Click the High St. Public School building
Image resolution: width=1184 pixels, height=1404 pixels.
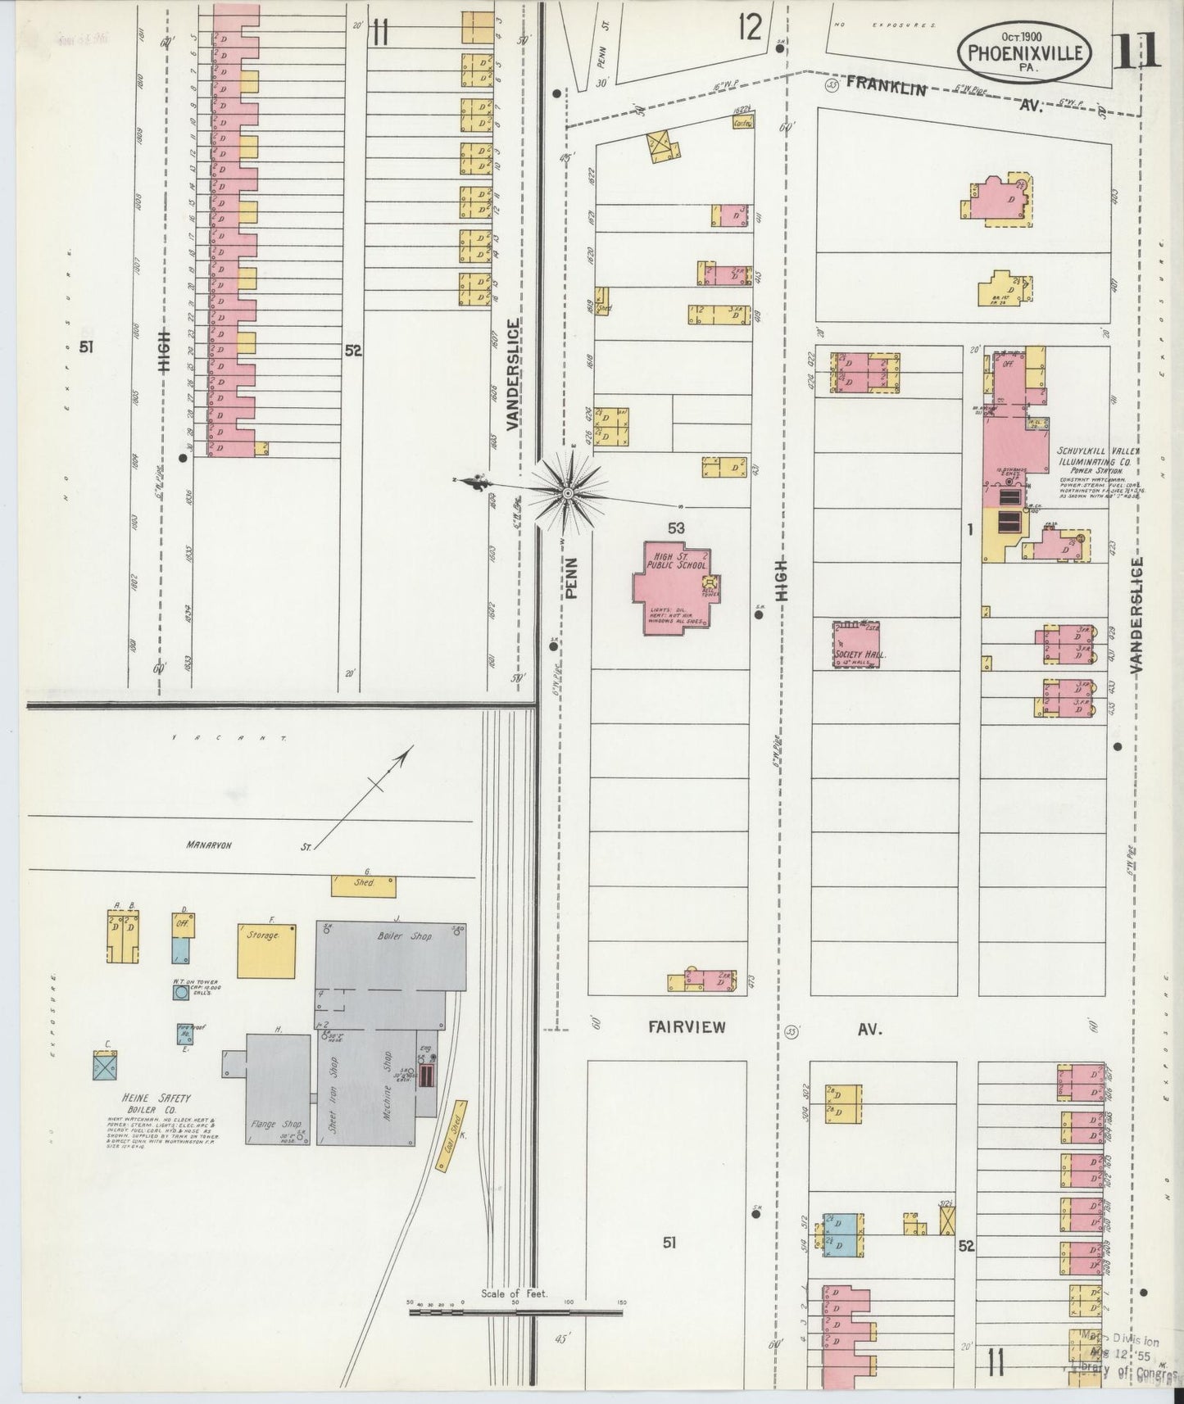pos(674,587)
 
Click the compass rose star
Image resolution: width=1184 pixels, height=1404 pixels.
pos(567,492)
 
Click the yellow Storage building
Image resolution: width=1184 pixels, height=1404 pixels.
pos(266,950)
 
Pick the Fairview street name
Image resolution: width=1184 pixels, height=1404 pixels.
pos(687,1027)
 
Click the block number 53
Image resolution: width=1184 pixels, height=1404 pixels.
pos(675,529)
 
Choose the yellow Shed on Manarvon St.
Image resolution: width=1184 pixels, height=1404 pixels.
pos(364,885)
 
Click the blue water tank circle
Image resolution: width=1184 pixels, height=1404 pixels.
pos(181,993)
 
